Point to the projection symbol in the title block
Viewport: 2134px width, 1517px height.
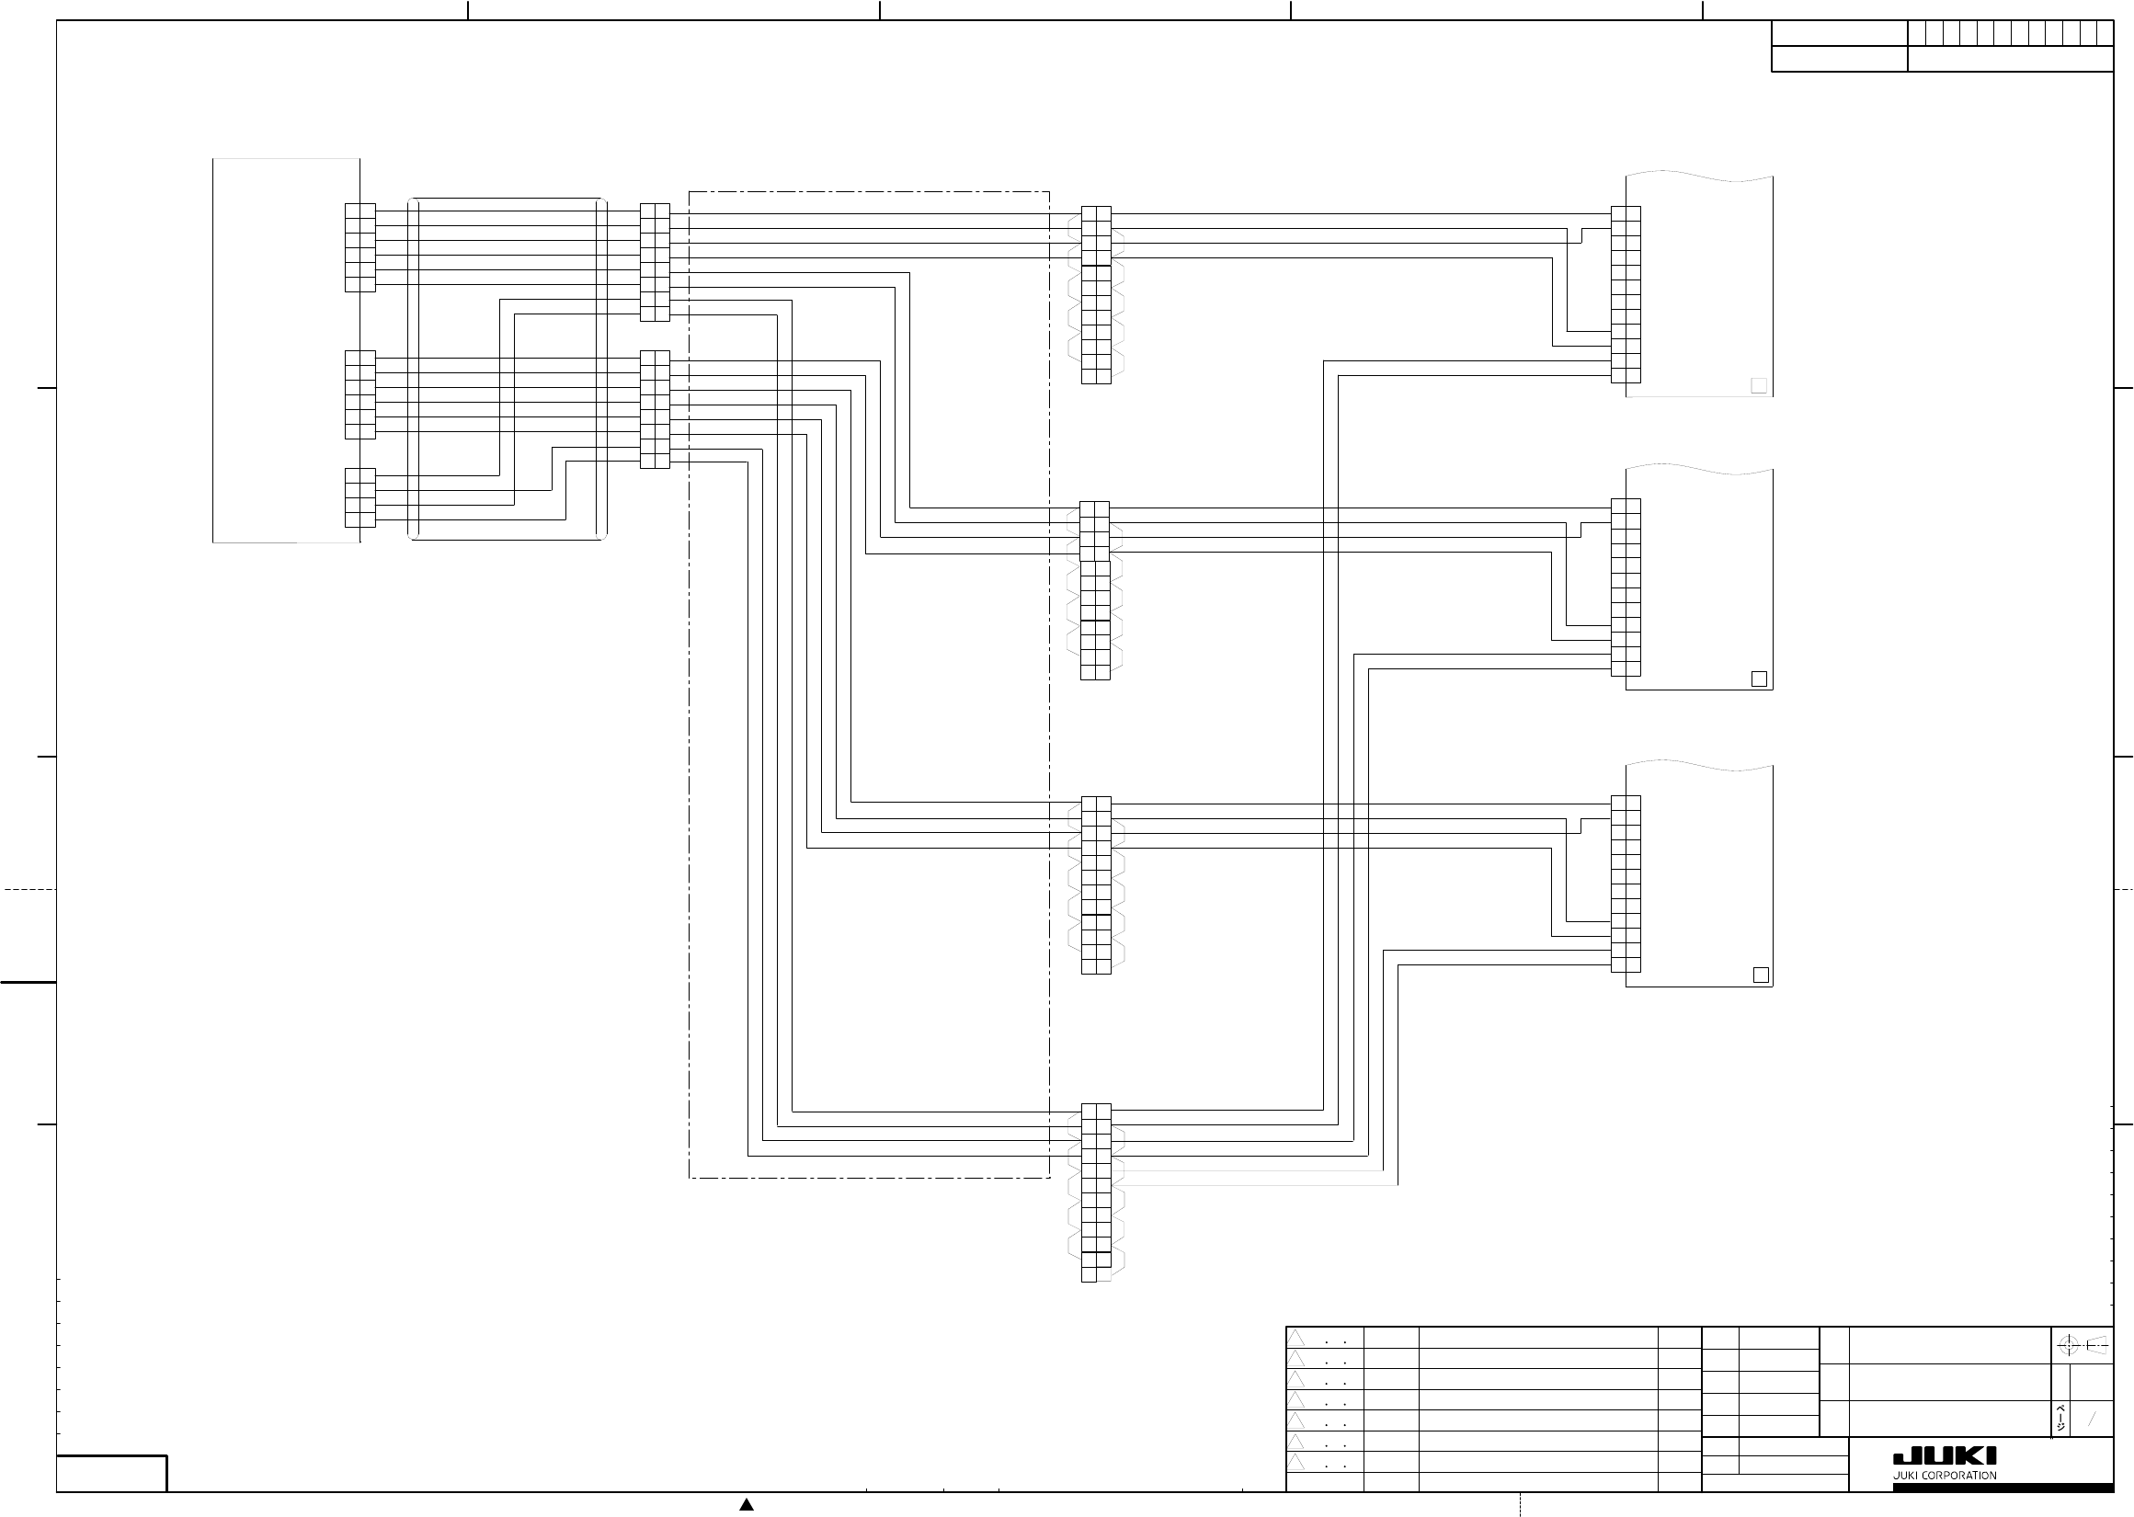pos(2083,1345)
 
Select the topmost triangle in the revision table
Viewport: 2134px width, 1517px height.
pos(1296,1339)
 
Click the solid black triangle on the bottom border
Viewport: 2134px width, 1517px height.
pos(747,1504)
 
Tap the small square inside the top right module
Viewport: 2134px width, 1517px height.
pos(1759,386)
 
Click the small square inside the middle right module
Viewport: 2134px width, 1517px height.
pos(1759,679)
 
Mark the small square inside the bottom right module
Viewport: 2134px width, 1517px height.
pos(1761,975)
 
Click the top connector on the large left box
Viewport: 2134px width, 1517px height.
pos(359,247)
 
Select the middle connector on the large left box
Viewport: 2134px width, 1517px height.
pos(359,394)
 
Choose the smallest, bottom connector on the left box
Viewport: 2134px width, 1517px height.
pos(359,498)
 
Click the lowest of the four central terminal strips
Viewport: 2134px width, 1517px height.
pos(1095,1192)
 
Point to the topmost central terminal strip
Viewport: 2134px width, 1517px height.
pos(1095,295)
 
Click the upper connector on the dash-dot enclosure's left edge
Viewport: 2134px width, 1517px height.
pos(655,262)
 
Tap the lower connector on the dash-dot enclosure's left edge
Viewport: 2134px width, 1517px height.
pos(655,409)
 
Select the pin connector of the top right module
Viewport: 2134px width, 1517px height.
pos(1625,294)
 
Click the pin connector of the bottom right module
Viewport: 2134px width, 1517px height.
pos(1625,884)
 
